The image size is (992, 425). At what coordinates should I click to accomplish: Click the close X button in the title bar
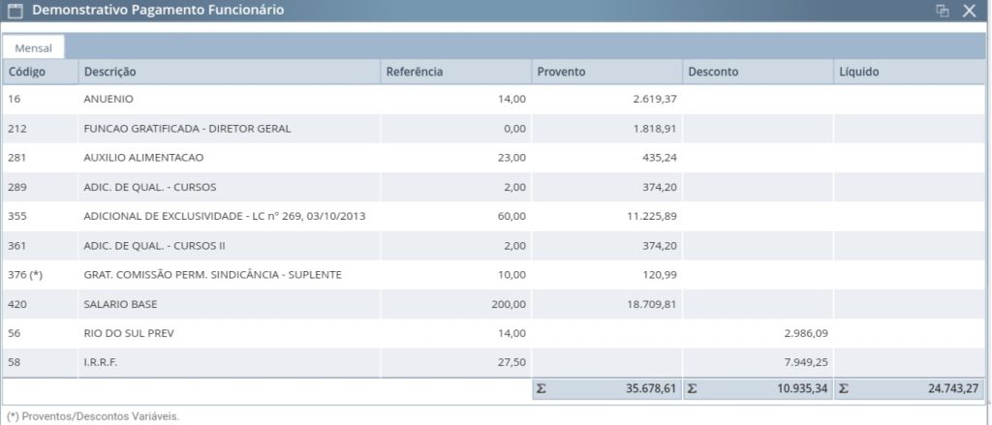pos(969,11)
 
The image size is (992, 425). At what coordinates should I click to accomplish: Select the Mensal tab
pos(33,48)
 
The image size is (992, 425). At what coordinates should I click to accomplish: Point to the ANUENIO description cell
pos(108,100)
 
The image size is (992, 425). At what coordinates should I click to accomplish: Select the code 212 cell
pos(16,129)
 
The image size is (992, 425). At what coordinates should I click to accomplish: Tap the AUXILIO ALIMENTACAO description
pos(143,158)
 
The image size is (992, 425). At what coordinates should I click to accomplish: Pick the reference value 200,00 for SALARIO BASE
pos(509,304)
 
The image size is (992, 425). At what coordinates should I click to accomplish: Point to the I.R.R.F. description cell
pos(101,362)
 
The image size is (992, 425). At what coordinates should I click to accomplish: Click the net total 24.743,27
pos(954,389)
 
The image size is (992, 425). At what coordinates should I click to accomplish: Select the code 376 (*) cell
pos(24,275)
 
